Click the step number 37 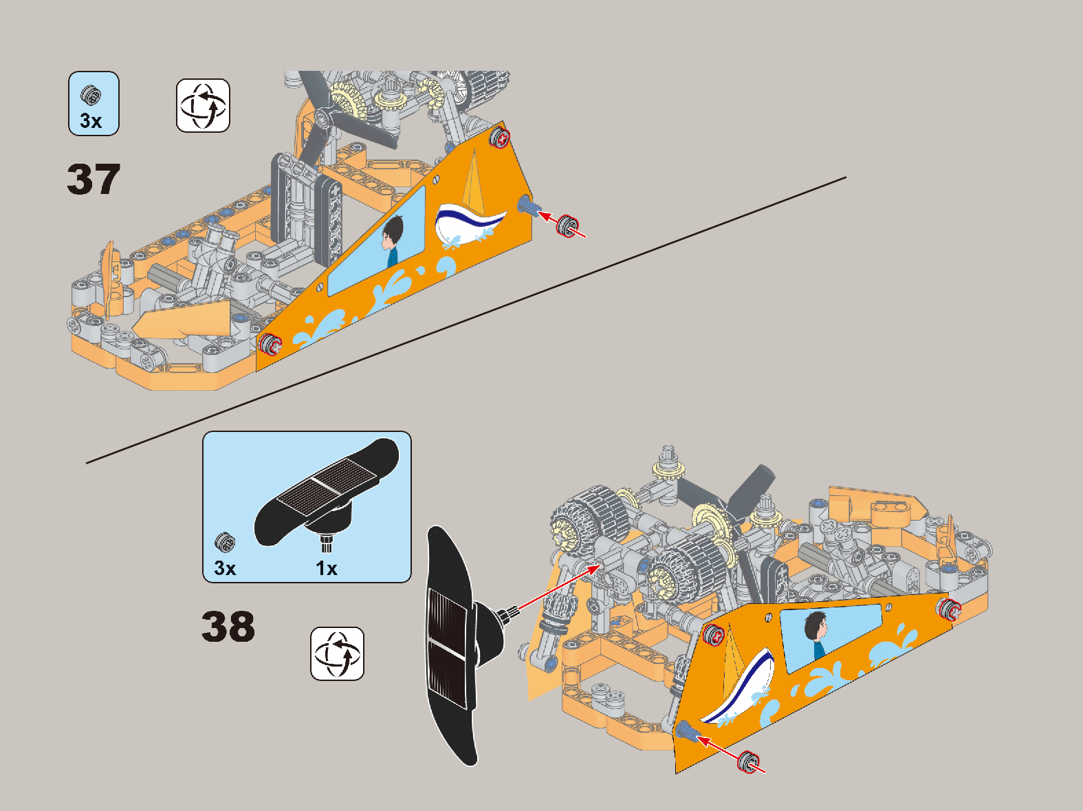point(94,180)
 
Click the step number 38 point(228,627)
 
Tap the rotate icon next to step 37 point(203,106)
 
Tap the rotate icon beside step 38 point(337,653)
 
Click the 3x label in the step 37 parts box point(91,121)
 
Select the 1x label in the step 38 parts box point(327,568)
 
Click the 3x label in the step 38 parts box point(225,568)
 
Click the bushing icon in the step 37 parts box point(91,96)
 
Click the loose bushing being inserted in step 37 point(568,226)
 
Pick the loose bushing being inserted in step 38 point(749,761)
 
